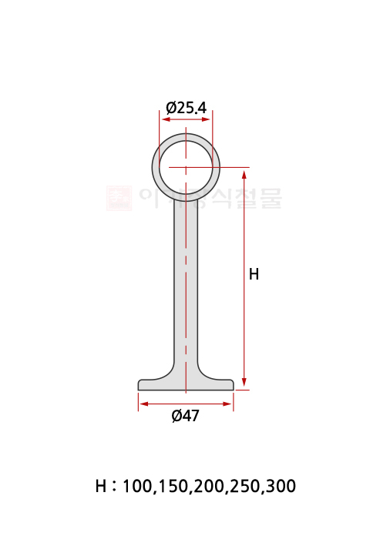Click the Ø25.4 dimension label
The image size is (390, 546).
[186, 109]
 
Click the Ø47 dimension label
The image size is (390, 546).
[185, 416]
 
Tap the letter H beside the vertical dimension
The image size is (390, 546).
[254, 274]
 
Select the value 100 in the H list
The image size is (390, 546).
[138, 487]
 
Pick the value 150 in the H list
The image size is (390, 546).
[173, 487]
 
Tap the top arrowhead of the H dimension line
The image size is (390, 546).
[244, 171]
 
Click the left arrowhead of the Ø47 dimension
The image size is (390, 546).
[143, 404]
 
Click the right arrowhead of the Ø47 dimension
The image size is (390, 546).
[229, 404]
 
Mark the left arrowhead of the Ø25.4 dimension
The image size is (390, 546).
[164, 119]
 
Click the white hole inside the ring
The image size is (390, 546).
[186, 166]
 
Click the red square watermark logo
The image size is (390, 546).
[119, 198]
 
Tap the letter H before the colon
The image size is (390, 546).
[101, 487]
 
